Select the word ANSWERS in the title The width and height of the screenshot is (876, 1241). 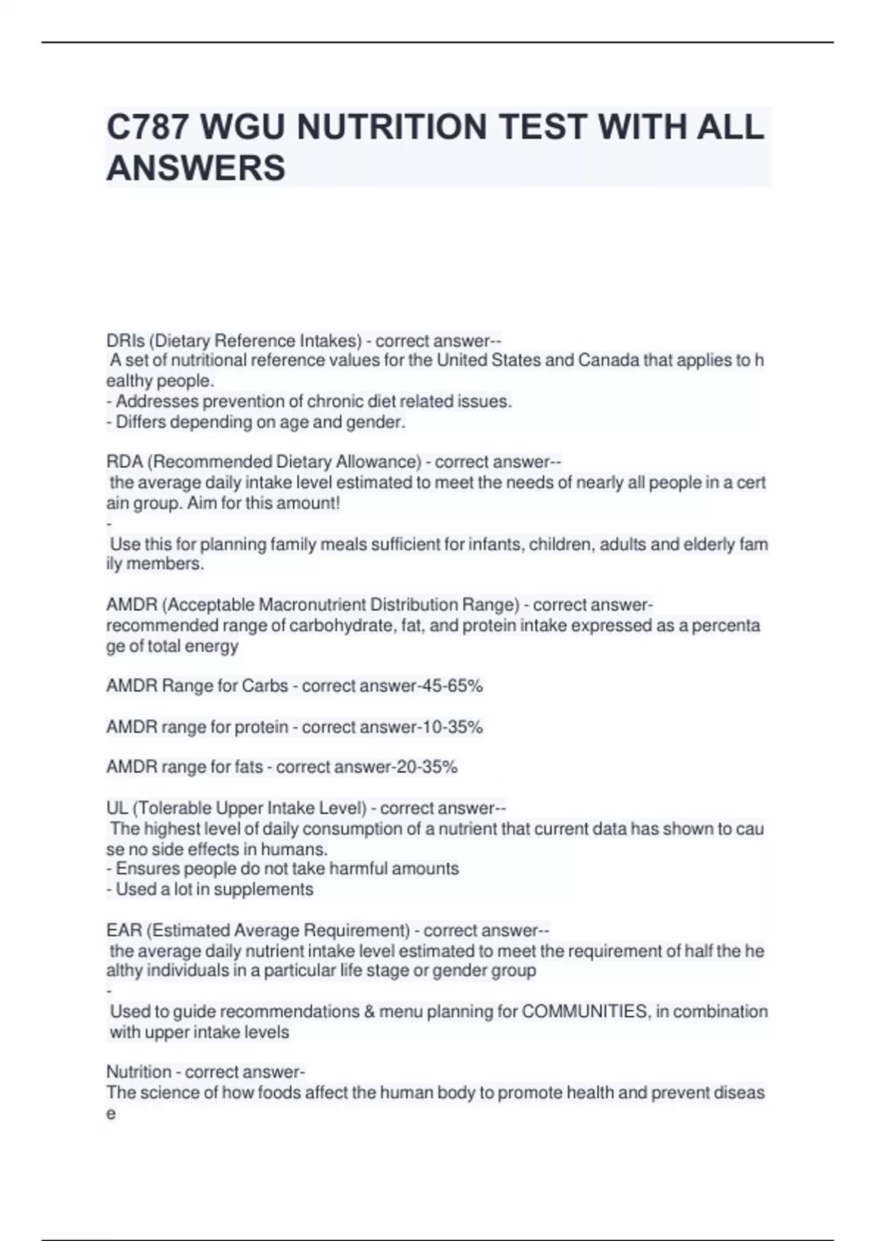pos(196,168)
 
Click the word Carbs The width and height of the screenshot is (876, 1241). pos(265,686)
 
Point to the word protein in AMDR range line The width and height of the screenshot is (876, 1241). pos(261,727)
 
